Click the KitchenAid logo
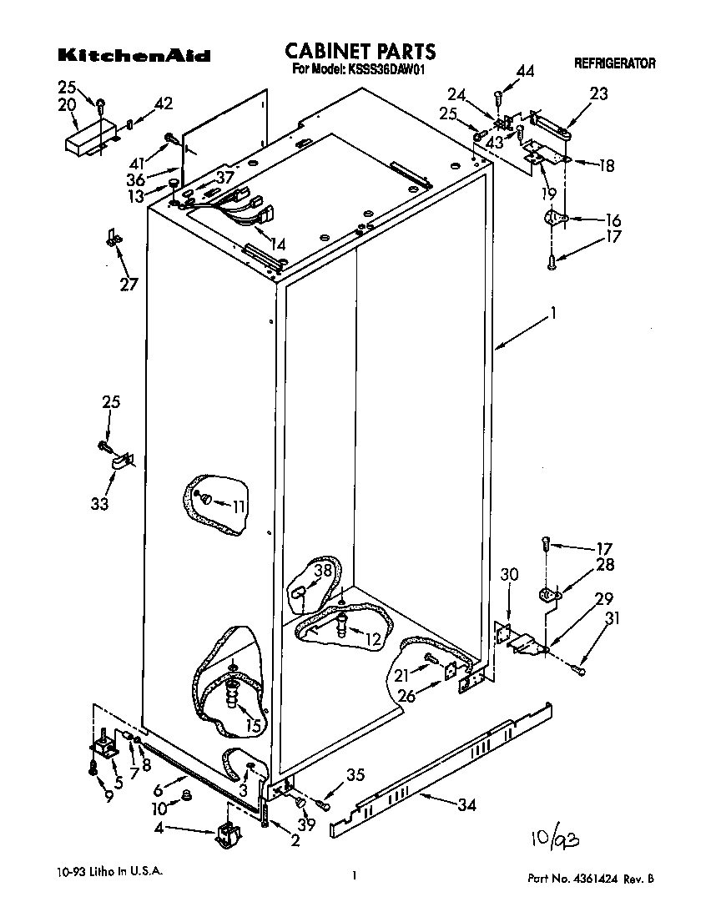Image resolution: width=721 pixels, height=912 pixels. (x=134, y=57)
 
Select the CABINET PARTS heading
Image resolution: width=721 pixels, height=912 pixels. (x=360, y=53)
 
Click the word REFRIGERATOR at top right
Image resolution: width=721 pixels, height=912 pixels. (x=614, y=63)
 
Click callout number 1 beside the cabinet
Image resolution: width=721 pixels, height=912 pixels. (x=552, y=315)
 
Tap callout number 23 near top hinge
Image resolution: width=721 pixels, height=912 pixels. (x=599, y=94)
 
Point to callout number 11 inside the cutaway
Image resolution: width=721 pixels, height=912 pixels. (x=239, y=505)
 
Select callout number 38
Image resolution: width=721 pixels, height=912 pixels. (x=323, y=571)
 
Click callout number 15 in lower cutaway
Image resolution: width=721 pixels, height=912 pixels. (x=254, y=725)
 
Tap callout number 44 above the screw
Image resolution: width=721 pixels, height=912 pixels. (x=525, y=73)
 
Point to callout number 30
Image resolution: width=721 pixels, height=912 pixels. (x=510, y=573)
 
